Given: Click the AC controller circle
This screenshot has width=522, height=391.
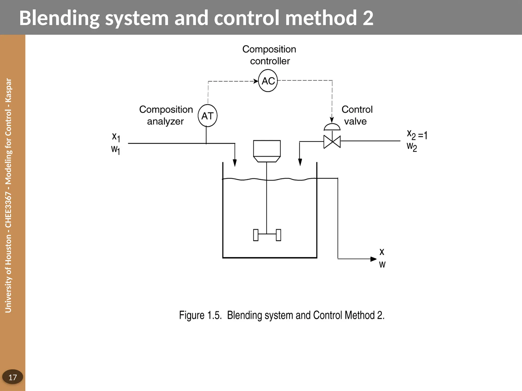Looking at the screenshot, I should pos(268,81).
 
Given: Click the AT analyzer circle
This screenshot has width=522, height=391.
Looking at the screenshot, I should pos(207,116).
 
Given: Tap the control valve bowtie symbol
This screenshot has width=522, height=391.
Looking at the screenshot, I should pos(332,142).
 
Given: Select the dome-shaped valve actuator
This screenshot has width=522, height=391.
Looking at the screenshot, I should pos(332,127).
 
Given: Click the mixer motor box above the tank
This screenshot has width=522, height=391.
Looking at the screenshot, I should pos(267,148).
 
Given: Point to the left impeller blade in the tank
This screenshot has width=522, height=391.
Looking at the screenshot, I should pos(256,235).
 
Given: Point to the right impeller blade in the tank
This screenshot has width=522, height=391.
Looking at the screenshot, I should pos(278,235).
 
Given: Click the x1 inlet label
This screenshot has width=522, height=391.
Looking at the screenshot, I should pos(116,137).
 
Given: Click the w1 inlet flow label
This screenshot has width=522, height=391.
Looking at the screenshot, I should pos(115,149).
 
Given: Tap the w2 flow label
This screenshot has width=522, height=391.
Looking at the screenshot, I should pos(412,147).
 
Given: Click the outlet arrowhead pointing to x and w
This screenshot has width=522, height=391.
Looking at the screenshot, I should pos(373,259).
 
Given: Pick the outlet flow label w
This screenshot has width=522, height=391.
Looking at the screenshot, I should pos(382,265).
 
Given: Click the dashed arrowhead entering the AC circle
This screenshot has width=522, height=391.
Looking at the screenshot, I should pos(256,81).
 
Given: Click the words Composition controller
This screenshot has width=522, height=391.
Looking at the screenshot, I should pos(269,55).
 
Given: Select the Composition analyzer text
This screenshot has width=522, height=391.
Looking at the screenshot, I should pos(166,115).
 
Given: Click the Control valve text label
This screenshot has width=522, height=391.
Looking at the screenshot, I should pos(357,115).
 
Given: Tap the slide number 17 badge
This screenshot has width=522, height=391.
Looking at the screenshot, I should pos(12,377).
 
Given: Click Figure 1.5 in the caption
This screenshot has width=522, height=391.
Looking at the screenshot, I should pos(200,315).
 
